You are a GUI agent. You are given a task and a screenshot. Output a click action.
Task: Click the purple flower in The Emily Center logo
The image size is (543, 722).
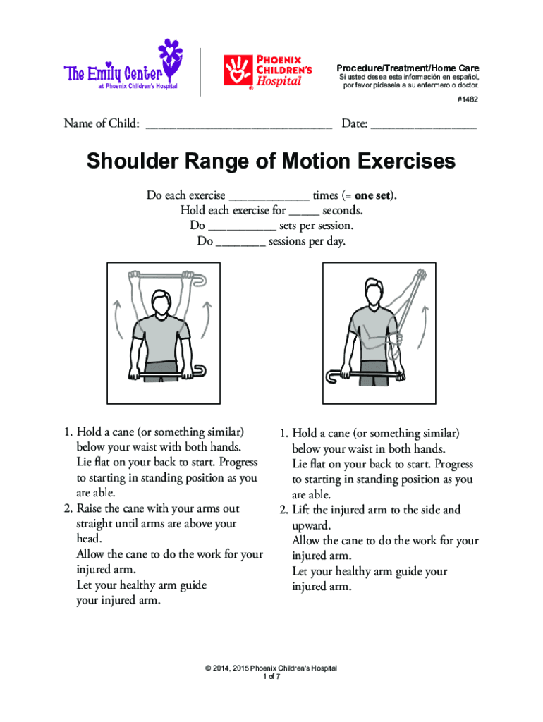click(x=172, y=54)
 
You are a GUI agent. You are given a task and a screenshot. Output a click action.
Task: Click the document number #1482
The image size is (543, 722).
click(x=467, y=100)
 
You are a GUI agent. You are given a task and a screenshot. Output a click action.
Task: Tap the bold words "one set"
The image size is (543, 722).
click(x=373, y=195)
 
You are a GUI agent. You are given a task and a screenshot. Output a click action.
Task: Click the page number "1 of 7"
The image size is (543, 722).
click(x=271, y=677)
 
